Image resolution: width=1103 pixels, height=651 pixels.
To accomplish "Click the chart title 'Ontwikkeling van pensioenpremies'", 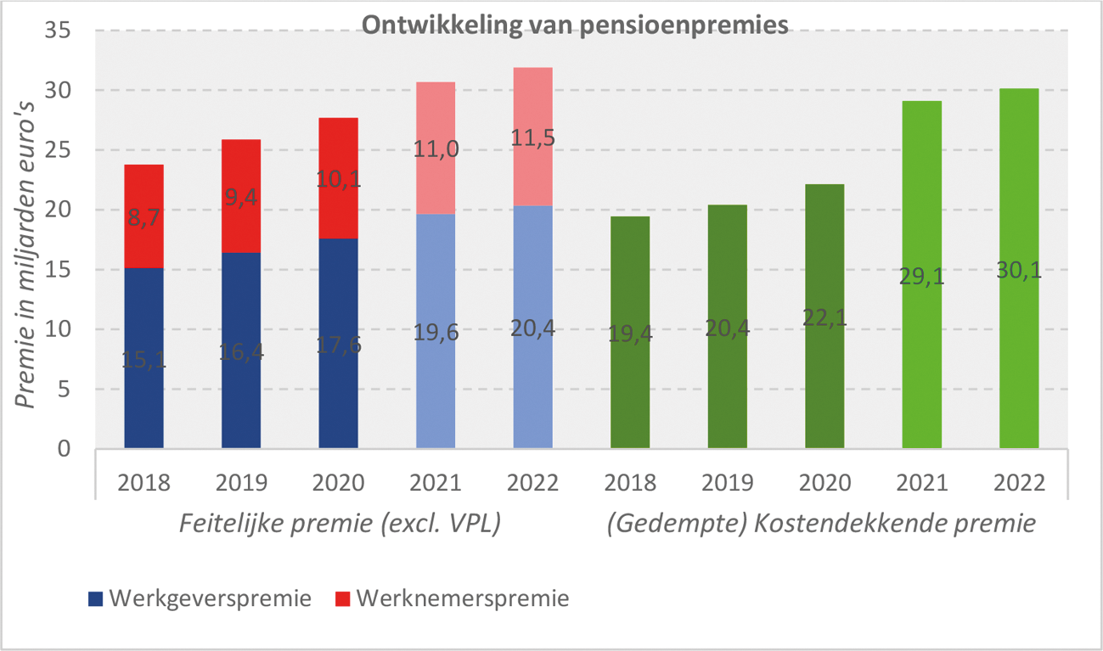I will click(576, 25).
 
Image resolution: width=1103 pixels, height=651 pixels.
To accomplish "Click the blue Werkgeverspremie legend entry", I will click(200, 598).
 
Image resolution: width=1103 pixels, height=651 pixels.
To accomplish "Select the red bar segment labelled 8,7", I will click(144, 216).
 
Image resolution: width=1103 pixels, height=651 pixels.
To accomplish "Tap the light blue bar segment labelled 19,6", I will click(436, 331).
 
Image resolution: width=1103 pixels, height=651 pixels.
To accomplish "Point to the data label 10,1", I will click(338, 179).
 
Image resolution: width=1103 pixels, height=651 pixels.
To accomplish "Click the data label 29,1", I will click(921, 278).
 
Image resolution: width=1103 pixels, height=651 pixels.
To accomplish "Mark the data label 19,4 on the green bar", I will click(630, 335).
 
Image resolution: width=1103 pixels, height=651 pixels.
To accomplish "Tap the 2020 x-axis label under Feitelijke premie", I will click(338, 483).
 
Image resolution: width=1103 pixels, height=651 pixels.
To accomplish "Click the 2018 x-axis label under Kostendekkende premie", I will click(630, 483).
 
